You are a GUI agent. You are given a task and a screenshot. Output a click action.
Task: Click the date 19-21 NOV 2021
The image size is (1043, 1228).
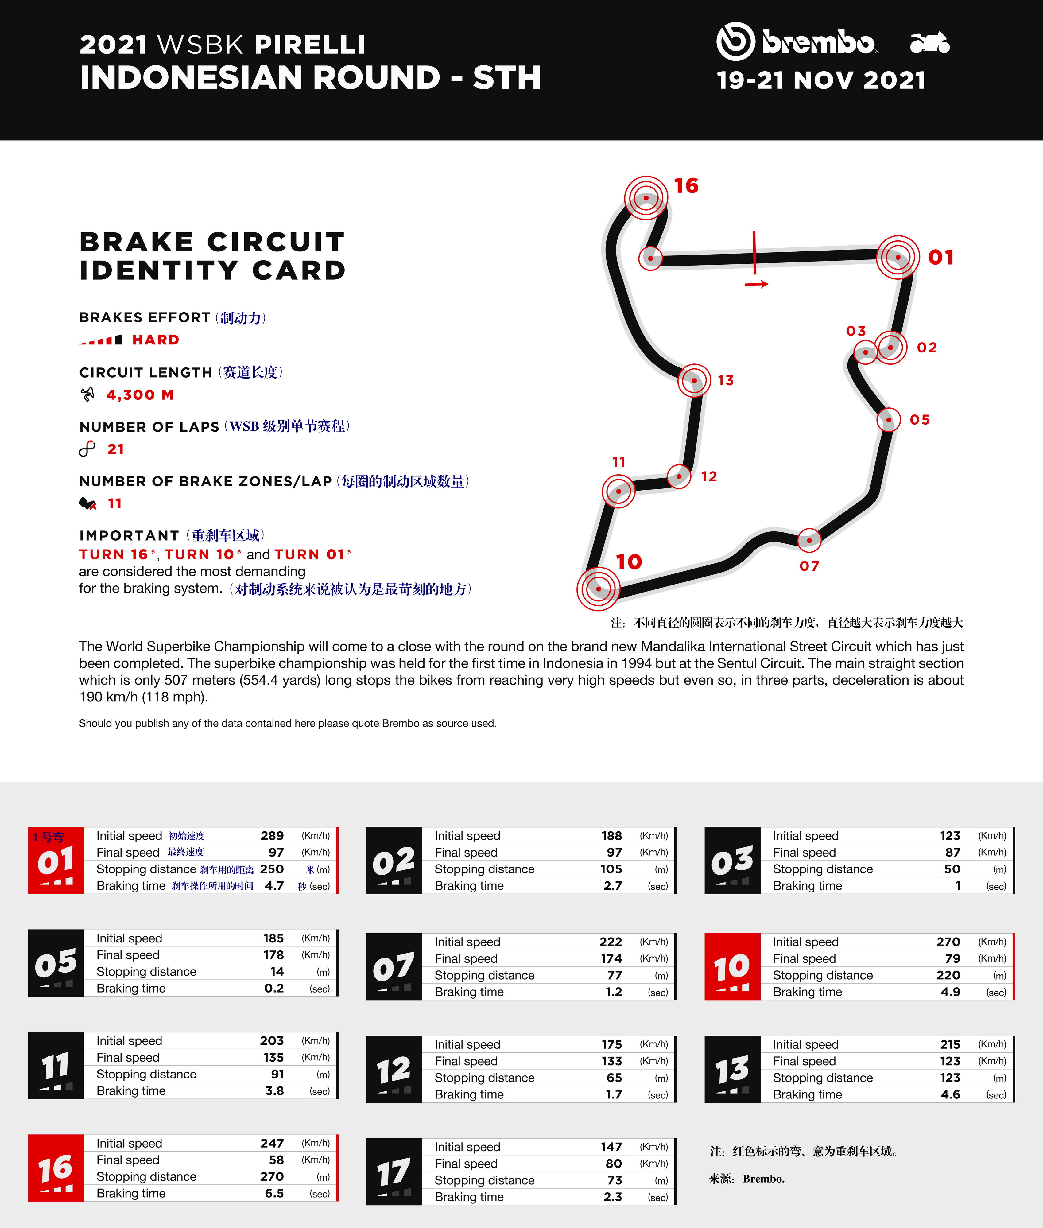821,80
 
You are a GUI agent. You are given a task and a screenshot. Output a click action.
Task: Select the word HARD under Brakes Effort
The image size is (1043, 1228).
156,340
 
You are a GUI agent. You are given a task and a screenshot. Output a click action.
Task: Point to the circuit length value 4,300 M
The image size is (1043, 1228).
140,395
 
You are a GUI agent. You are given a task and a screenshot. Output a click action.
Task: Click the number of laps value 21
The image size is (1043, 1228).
116,449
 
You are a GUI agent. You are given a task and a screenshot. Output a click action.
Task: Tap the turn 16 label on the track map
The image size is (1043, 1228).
686,186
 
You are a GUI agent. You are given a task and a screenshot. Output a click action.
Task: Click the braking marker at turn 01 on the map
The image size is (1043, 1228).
898,257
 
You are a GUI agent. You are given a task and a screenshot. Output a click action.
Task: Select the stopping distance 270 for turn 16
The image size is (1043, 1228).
272,1176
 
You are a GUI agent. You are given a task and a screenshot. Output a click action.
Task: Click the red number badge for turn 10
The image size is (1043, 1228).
732,967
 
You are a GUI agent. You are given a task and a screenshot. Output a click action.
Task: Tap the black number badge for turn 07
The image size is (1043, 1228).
394,967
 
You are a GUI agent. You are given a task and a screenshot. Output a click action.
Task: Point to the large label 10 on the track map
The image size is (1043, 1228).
629,562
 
